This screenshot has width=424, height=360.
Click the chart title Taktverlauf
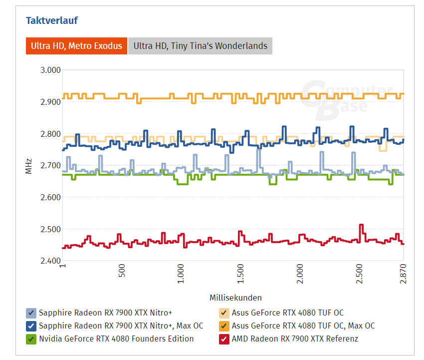pyautogui.click(x=52, y=20)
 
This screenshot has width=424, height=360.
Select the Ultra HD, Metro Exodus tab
pyautogui.click(x=76, y=46)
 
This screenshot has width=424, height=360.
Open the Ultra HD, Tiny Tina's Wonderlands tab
pyautogui.click(x=200, y=46)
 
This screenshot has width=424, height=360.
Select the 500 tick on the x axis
pyautogui.click(x=122, y=272)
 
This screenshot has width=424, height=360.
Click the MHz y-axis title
pyautogui.click(x=28, y=166)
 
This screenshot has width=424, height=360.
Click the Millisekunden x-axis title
pyautogui.click(x=235, y=298)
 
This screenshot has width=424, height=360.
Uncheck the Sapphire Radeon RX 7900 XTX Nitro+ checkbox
pyautogui.click(x=31, y=313)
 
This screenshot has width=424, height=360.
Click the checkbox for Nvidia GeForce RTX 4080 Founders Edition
pyautogui.click(x=31, y=339)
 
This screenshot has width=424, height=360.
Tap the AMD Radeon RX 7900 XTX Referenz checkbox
pyautogui.click(x=224, y=339)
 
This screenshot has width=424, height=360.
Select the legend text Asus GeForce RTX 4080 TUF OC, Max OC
pyautogui.click(x=303, y=326)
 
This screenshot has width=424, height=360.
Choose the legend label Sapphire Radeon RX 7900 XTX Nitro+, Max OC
pyautogui.click(x=121, y=326)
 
